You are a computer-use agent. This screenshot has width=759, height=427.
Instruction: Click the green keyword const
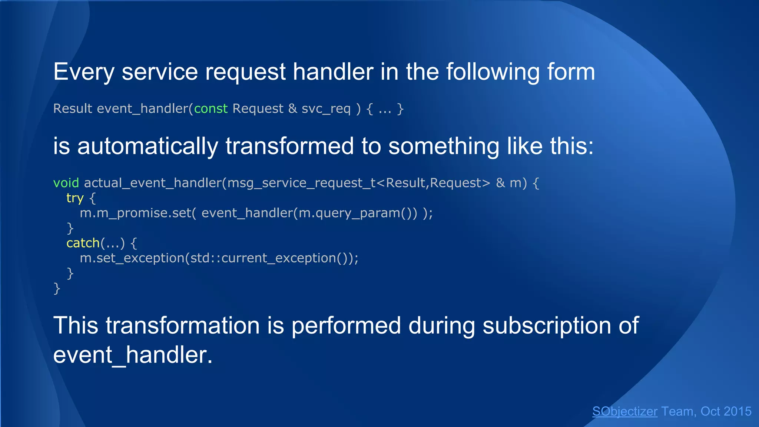(x=211, y=109)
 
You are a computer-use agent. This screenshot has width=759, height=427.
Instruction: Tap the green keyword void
(x=66, y=183)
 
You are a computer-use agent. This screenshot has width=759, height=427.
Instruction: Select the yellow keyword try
(x=75, y=198)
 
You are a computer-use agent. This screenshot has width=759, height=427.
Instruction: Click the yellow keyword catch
(x=83, y=243)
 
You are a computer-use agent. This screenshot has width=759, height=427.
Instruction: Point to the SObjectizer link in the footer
(x=624, y=411)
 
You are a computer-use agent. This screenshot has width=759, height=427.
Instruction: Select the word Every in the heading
(x=84, y=72)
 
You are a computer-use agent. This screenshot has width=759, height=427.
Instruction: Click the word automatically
(x=148, y=146)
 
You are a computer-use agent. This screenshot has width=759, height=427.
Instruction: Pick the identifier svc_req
(x=326, y=109)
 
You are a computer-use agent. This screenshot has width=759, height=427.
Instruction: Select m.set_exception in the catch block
(x=132, y=258)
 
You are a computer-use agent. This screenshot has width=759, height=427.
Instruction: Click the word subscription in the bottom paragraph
(x=547, y=325)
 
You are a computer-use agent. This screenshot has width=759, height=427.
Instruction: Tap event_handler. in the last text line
(x=133, y=355)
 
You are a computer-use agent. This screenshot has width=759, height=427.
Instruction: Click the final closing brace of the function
(x=57, y=288)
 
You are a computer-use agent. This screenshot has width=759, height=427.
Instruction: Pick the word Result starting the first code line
(x=73, y=109)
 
